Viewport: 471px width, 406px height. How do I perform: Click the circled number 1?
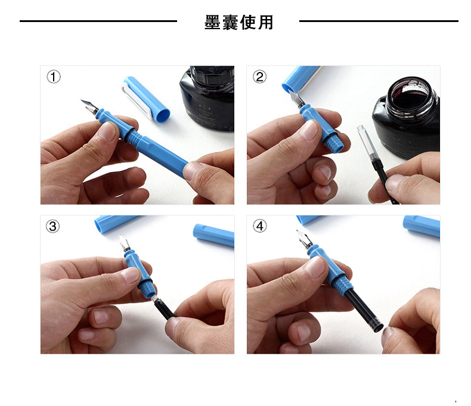point(54,77)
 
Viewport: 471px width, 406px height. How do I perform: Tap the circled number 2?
point(259,77)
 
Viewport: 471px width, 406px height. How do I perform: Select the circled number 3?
point(54,226)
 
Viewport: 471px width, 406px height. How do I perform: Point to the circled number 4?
point(259,226)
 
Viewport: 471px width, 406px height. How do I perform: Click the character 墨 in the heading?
point(213,23)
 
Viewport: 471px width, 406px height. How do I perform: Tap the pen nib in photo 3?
point(125,243)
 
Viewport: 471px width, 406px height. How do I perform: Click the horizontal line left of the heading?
point(98,21)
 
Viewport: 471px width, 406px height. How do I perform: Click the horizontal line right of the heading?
point(379,21)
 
